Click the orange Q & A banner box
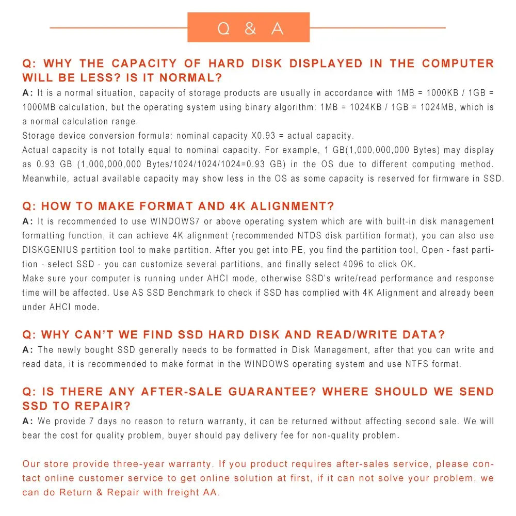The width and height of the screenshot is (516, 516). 248,28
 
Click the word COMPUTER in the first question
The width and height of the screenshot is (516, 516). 458,63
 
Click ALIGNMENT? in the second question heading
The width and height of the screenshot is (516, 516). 293,206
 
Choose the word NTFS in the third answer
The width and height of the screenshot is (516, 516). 405,364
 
